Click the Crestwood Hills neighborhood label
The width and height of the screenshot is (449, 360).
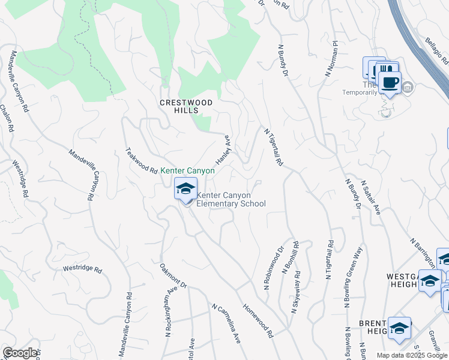[186, 106]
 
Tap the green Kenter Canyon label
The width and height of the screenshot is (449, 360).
[187, 171]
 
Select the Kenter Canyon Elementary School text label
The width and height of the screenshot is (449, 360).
[231, 199]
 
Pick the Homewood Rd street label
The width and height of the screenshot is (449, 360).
[258, 320]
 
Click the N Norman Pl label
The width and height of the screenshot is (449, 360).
[332, 59]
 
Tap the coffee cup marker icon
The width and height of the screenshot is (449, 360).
[389, 82]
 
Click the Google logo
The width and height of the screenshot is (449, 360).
[20, 353]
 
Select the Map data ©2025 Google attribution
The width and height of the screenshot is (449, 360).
[411, 355]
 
